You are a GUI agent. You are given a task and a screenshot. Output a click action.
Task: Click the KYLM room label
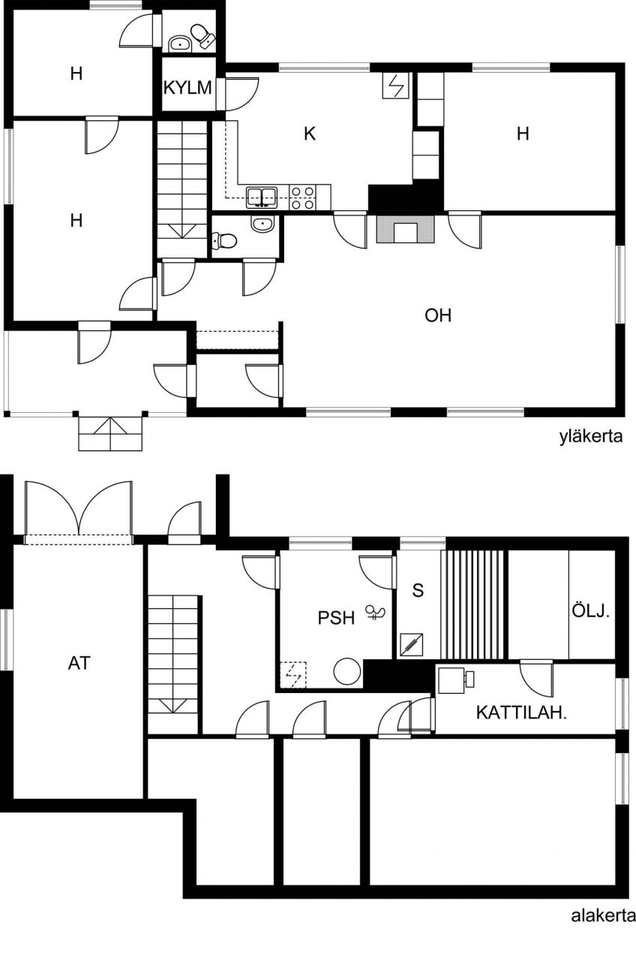[187, 88]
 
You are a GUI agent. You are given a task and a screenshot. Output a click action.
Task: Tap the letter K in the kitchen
[310, 134]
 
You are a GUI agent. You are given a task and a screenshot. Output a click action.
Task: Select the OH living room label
[438, 316]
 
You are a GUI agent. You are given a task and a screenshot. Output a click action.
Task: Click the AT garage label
[79, 663]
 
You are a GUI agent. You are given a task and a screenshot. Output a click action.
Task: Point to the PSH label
[337, 618]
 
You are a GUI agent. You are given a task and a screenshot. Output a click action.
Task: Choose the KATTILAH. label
[521, 713]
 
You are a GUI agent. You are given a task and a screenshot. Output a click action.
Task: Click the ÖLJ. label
[590, 610]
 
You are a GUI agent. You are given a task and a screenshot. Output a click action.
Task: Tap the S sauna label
[418, 590]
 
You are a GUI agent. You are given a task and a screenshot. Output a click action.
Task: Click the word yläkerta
[591, 437]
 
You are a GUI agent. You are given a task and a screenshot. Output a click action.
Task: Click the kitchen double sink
[262, 197]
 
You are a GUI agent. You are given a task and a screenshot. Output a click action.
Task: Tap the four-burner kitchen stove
[302, 197]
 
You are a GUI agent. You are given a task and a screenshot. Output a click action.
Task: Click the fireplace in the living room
[405, 229]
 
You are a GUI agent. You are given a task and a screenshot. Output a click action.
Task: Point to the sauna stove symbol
[411, 646]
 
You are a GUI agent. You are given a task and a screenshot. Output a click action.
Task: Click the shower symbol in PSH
[375, 612]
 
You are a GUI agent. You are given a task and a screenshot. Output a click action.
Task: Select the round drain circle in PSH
[347, 671]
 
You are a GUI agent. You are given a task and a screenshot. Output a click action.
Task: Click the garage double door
[79, 513]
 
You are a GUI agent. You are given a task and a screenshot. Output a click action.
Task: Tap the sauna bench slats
[473, 604]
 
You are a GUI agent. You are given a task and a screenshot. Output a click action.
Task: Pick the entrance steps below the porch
[110, 433]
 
